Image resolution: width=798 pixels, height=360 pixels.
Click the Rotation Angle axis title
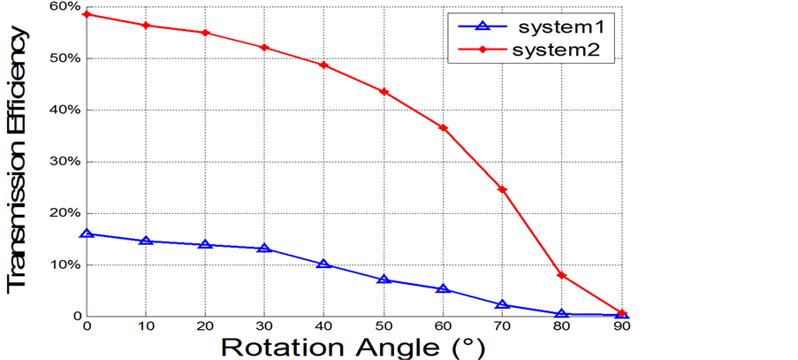(x=353, y=345)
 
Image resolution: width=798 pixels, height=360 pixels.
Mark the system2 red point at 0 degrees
(x=87, y=14)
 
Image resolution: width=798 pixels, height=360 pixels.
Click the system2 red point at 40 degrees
(x=323, y=65)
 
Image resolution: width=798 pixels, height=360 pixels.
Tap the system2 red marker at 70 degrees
(x=502, y=189)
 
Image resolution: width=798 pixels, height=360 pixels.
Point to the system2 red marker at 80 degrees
(x=561, y=275)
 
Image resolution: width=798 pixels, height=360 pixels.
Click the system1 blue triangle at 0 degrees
(x=87, y=234)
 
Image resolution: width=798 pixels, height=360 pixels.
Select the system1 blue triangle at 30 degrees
(x=264, y=248)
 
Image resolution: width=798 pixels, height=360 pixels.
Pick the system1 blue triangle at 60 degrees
(x=443, y=288)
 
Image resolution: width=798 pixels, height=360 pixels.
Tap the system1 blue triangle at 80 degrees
(x=561, y=313)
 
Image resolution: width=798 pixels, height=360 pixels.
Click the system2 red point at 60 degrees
(x=443, y=128)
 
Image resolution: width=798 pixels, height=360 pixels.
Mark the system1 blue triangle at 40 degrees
(x=323, y=264)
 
